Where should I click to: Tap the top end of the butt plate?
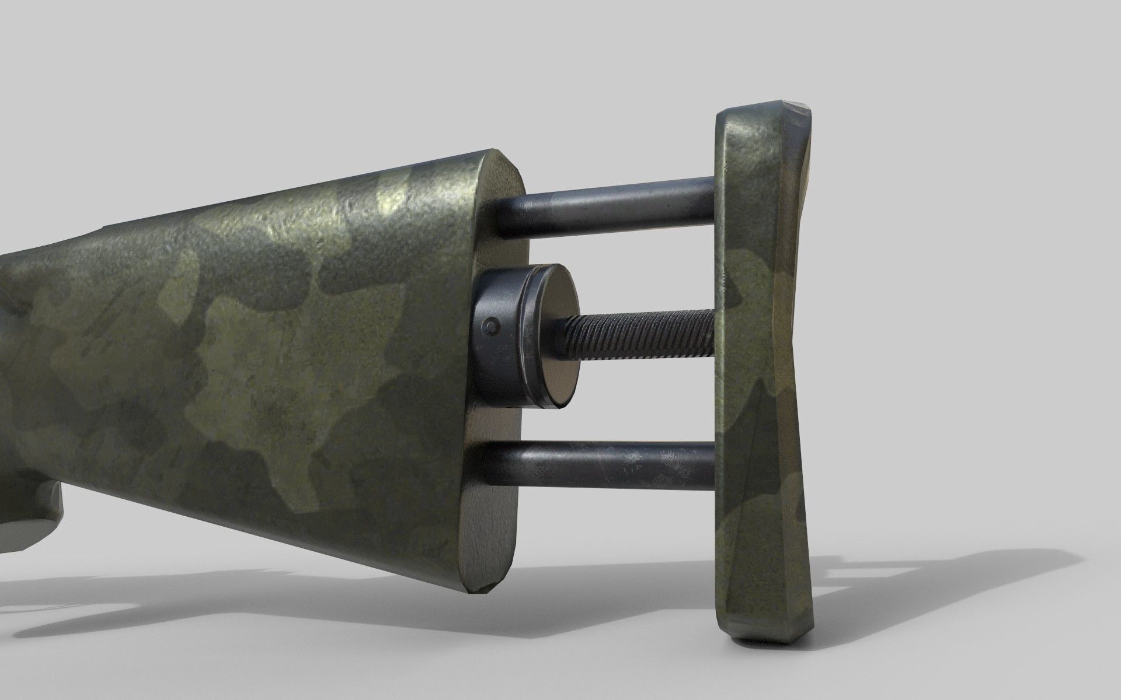click(x=759, y=114)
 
